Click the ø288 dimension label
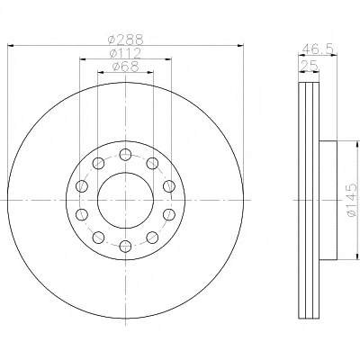(x=126, y=40)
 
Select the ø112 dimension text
(x=125, y=53)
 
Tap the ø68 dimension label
(x=125, y=67)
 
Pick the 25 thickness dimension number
(x=309, y=67)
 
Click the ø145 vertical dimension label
(x=352, y=200)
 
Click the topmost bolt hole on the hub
(x=125, y=155)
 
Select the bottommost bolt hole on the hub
(x=125, y=247)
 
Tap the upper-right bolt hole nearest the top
(x=152, y=164)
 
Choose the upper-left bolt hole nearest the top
(x=98, y=164)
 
